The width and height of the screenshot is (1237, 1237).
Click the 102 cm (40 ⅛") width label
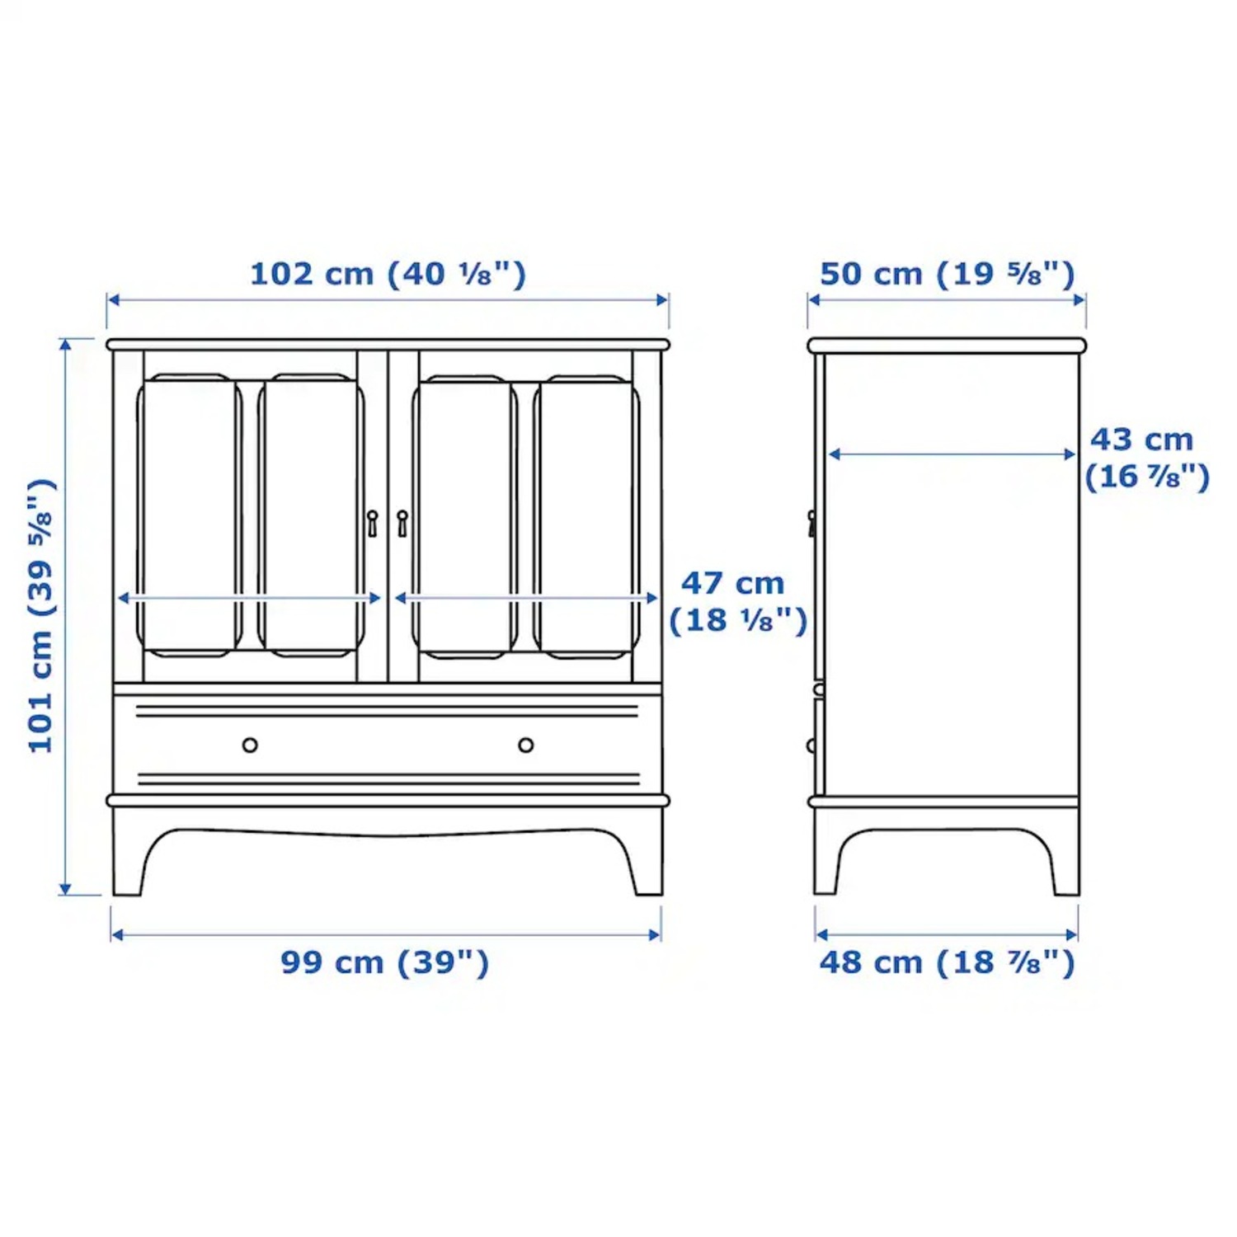pos(388,274)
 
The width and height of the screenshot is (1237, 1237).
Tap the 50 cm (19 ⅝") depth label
pos(947,274)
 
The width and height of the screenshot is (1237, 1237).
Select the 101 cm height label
pos(41,615)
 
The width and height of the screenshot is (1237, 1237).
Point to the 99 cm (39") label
pos(384,962)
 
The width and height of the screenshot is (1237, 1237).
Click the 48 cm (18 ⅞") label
pos(947,962)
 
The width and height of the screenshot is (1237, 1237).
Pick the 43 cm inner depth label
pos(1145,458)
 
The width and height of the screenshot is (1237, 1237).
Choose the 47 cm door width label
pos(736,602)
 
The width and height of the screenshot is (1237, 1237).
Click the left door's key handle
pos(373,523)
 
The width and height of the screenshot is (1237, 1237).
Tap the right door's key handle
pos(402,523)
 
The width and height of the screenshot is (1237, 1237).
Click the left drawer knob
pos(250,745)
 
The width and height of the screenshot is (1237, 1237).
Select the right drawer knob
pos(526,745)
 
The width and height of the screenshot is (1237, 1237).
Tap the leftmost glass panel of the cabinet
pos(189,515)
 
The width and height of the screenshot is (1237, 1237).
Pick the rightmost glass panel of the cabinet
pos(587,515)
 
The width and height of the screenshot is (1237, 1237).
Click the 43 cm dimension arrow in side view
pos(952,454)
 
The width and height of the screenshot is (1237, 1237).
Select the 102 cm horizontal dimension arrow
pos(388,299)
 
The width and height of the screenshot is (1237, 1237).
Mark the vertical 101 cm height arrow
pos(65,615)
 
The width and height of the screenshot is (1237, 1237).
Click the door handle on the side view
pos(812,523)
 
